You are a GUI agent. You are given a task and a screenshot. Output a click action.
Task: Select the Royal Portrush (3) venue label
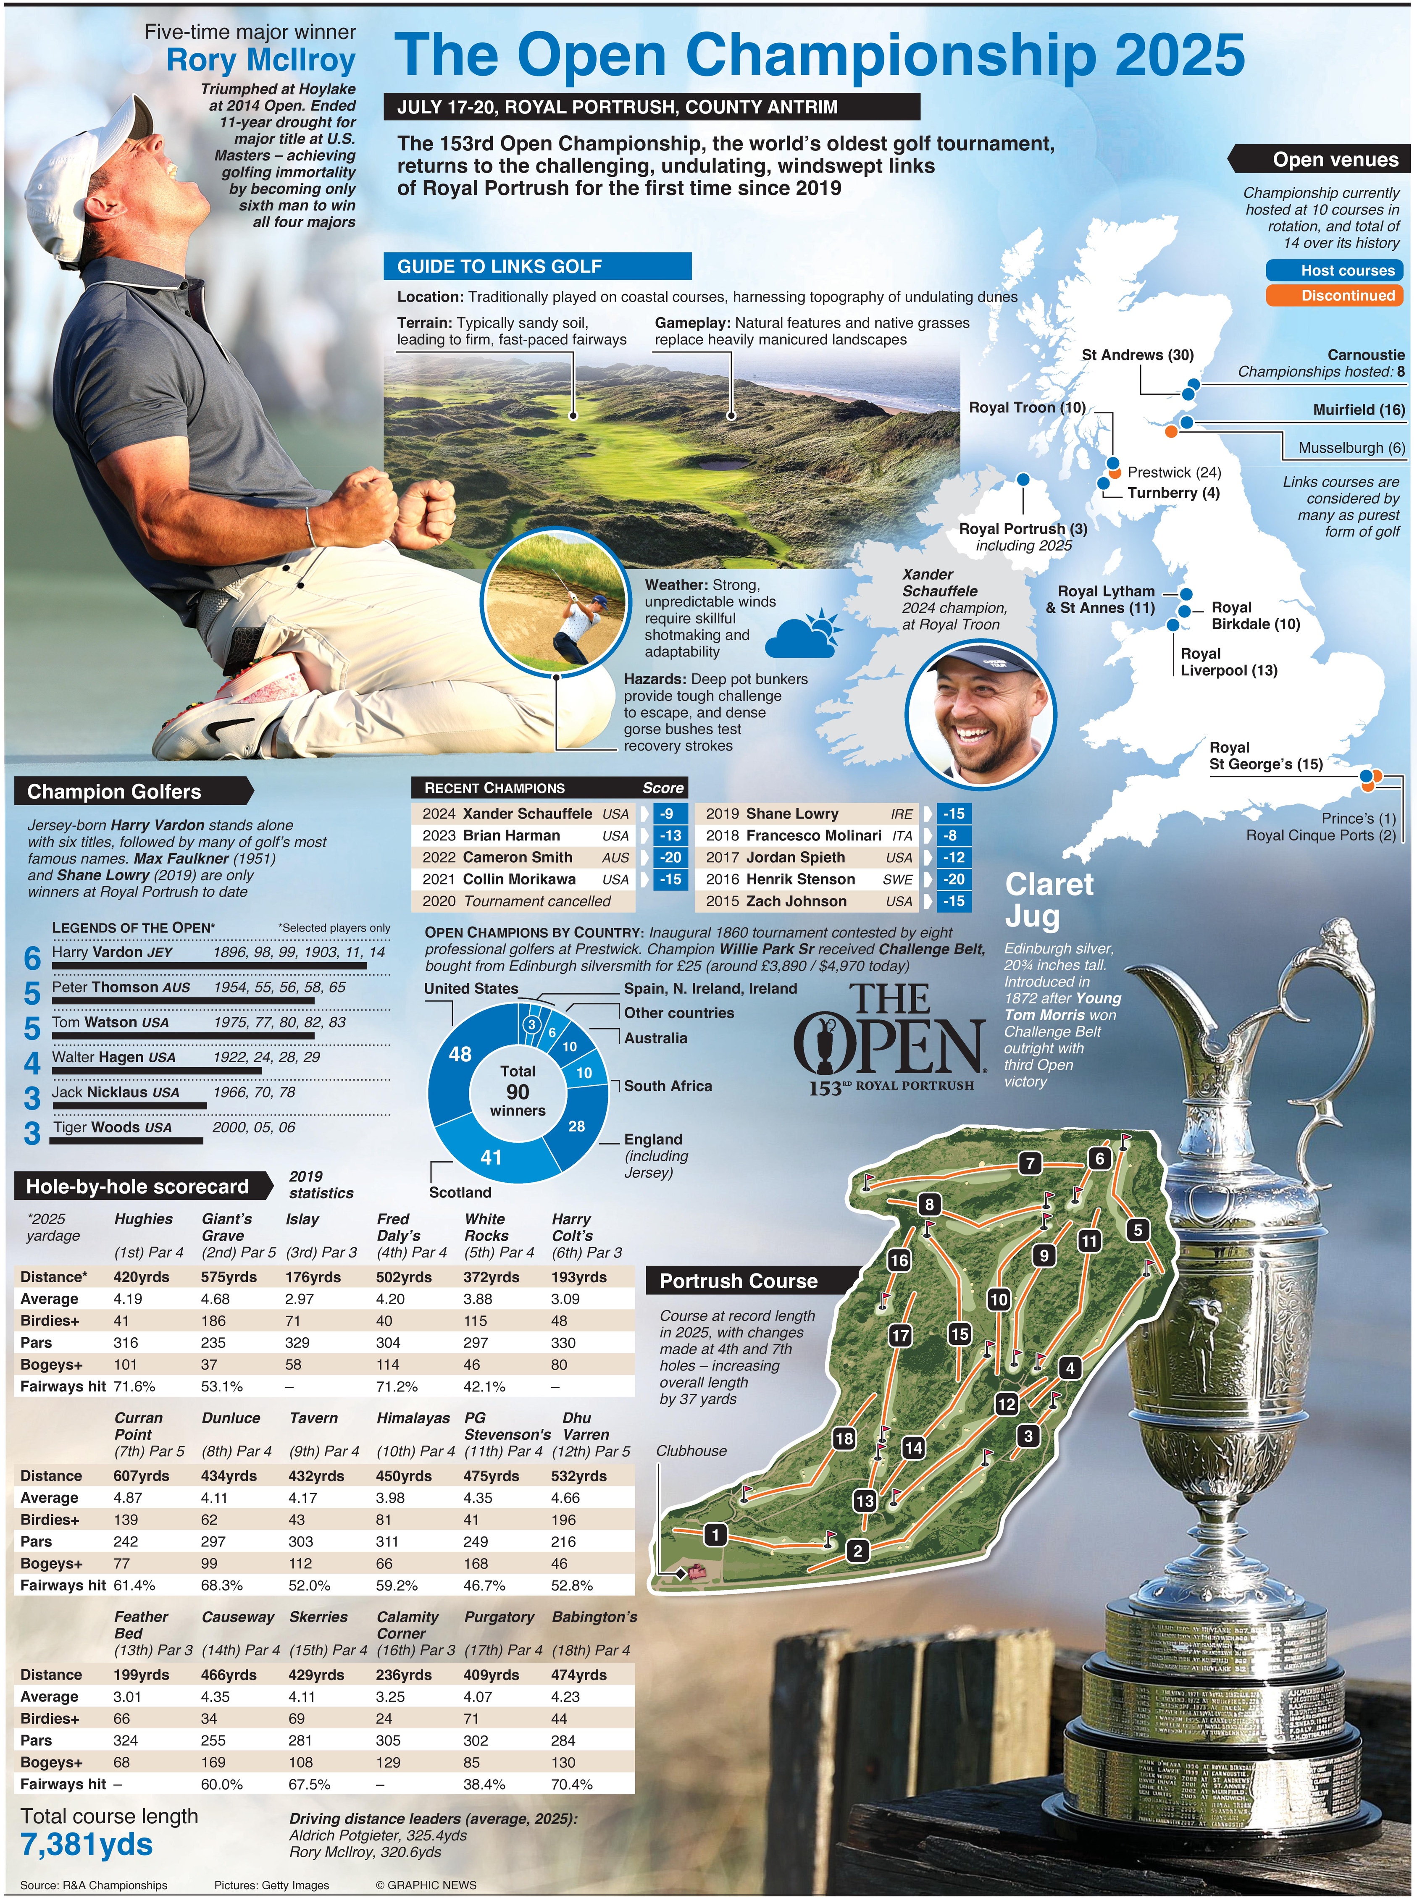(1023, 529)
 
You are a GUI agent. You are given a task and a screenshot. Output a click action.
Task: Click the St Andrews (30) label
(1137, 355)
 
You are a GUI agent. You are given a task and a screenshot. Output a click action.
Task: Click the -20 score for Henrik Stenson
(954, 879)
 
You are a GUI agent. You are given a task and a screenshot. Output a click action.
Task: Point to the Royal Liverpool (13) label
(1228, 662)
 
